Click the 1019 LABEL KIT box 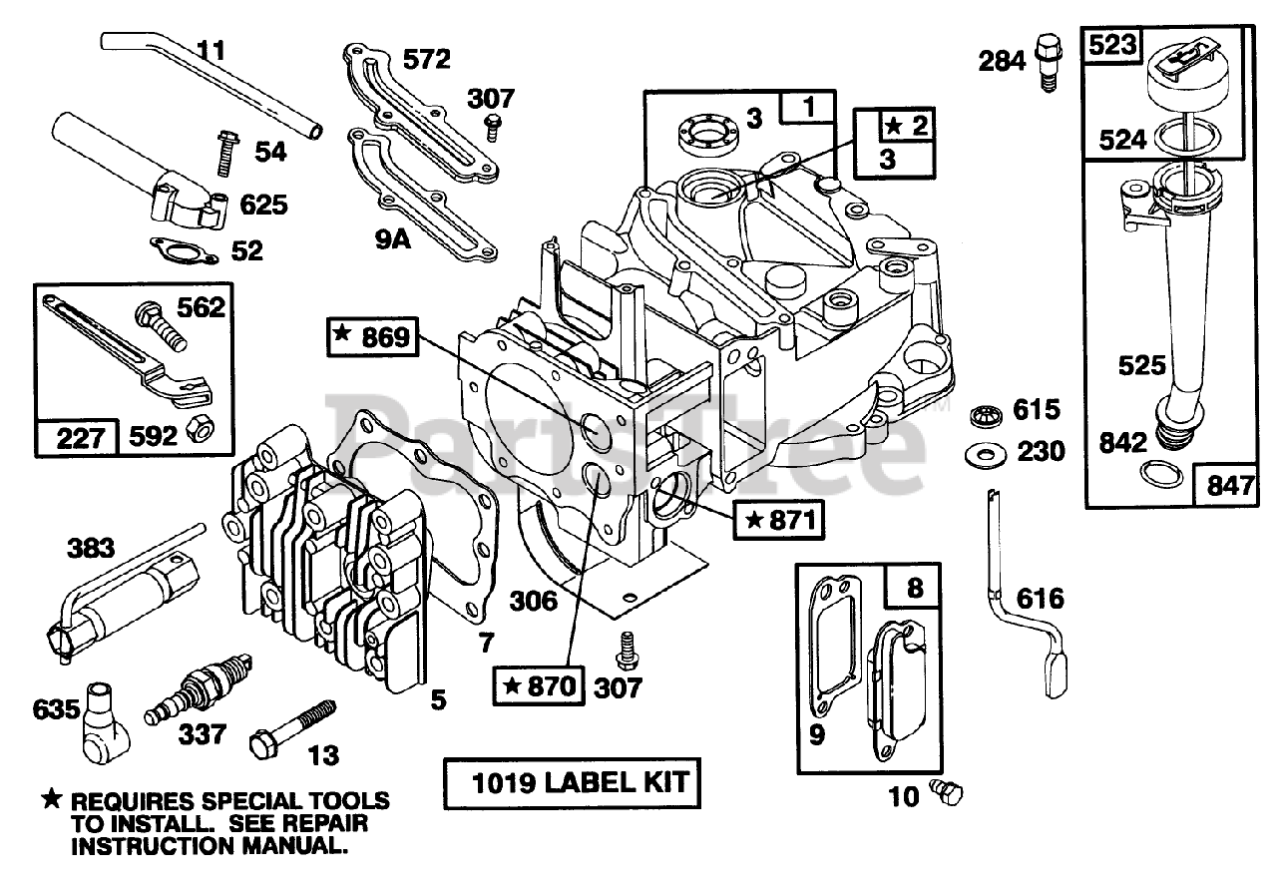(x=571, y=782)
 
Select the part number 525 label (x=1142, y=365)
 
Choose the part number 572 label (x=426, y=60)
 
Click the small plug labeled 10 (x=948, y=793)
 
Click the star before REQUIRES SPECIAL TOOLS (x=52, y=801)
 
